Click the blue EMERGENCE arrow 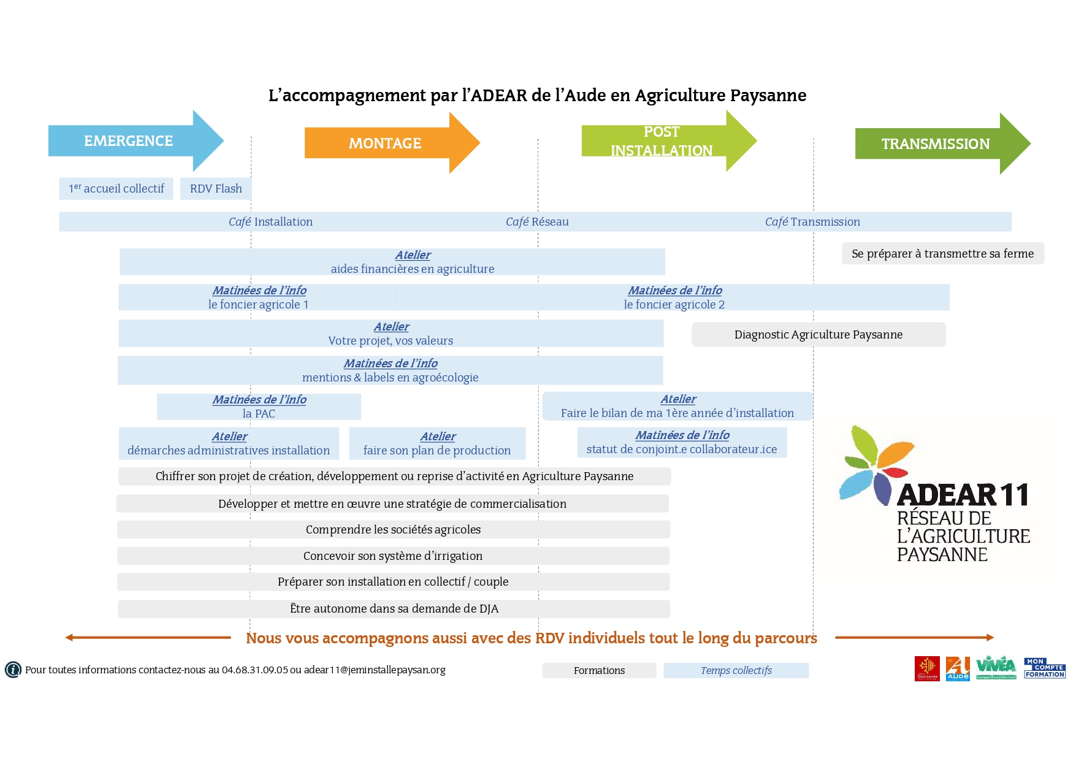pos(129,141)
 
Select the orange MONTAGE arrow pos(385,143)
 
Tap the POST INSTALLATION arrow pos(662,141)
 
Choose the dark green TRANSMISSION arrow pos(935,144)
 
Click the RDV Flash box pos(216,189)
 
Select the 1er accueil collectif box pos(116,189)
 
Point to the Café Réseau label pos(537,222)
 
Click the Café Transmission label pos(812,222)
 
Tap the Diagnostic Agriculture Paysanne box pos(818,335)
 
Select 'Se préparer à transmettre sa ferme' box pos(942,254)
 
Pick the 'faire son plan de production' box pos(437,443)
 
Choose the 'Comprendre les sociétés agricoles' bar pos(393,530)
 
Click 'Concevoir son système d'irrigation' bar pos(393,556)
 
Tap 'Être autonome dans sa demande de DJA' pos(394,609)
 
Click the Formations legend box pos(599,671)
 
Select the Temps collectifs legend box pos(736,671)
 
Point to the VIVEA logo pos(996,668)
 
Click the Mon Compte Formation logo pos(1045,668)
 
